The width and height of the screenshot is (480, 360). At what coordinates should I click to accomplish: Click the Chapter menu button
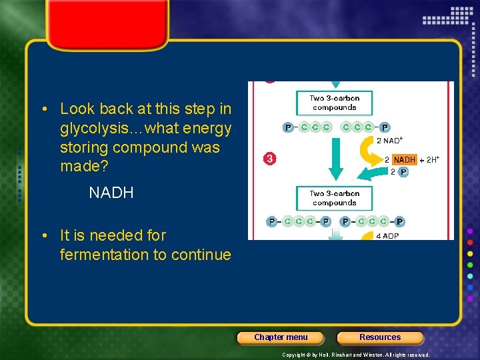tap(281, 337)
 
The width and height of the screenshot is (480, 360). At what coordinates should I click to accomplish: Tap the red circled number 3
tap(269, 159)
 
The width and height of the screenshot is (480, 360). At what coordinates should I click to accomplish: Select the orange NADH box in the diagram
tap(404, 159)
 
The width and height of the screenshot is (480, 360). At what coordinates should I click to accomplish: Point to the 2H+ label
tap(432, 159)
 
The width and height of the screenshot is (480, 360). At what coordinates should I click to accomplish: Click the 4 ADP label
tap(387, 236)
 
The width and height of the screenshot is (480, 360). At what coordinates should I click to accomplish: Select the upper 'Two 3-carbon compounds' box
tap(334, 103)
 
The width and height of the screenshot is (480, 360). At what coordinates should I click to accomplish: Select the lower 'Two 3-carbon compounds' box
tap(334, 198)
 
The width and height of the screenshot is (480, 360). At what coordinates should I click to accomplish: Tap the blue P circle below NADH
tap(403, 172)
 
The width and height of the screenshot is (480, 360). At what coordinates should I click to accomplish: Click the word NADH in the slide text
tap(111, 193)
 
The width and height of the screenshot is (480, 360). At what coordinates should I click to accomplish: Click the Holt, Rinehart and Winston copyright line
tap(355, 355)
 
